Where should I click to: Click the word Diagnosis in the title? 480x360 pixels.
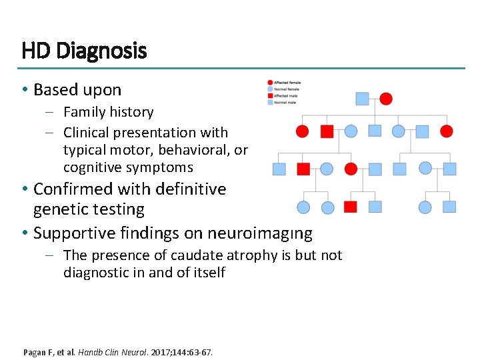[102, 51]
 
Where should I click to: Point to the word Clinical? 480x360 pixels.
[87, 133]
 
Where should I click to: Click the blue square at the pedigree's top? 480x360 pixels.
[362, 99]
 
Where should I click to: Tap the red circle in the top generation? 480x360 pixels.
[386, 99]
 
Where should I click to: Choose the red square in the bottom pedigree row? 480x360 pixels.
[351, 207]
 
